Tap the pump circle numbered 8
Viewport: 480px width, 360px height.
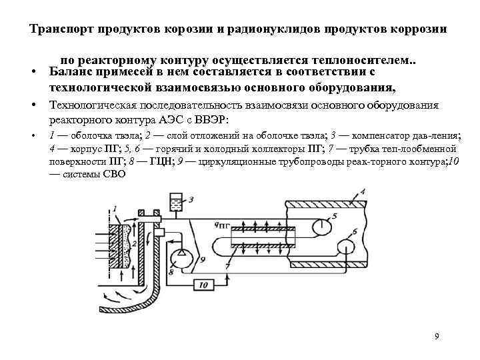coord(181,255)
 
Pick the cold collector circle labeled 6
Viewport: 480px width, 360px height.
coord(346,247)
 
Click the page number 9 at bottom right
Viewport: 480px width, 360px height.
coord(437,336)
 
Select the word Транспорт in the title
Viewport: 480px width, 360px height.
coord(63,30)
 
